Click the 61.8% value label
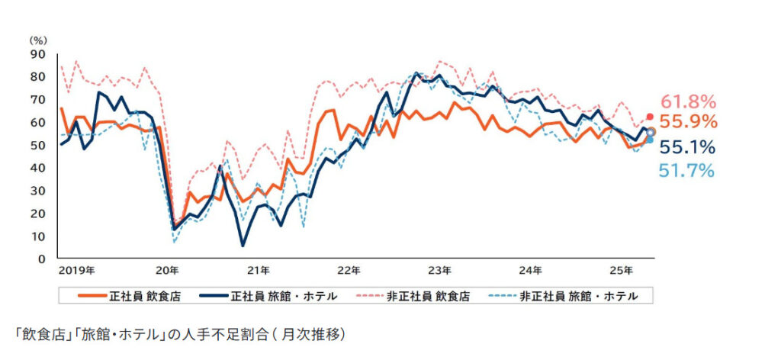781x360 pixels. (x=688, y=101)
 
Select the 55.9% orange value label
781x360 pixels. (x=688, y=121)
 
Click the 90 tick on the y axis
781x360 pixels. (x=37, y=54)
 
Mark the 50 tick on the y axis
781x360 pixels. (x=37, y=145)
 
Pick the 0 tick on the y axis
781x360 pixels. (x=40, y=259)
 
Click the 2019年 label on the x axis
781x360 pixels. (x=76, y=270)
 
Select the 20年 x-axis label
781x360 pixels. (x=167, y=270)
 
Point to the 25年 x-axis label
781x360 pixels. (x=622, y=270)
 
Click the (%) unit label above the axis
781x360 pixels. (x=37, y=40)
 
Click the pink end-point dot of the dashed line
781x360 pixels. (x=650, y=117)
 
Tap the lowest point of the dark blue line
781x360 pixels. (x=243, y=245)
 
